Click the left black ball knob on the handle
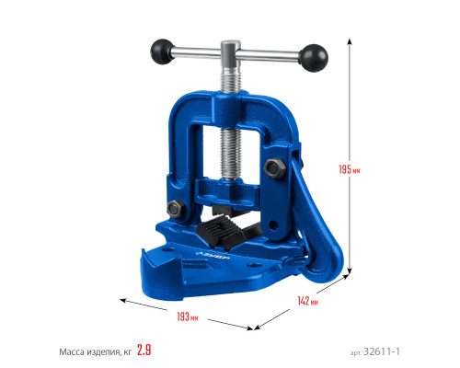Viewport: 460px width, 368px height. click(x=162, y=52)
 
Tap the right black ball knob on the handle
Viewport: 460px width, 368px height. click(x=313, y=58)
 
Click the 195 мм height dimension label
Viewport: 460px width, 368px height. click(x=350, y=169)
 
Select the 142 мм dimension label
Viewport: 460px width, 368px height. click(x=307, y=301)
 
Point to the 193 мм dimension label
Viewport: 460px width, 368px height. click(x=188, y=316)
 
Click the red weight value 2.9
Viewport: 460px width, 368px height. click(x=144, y=350)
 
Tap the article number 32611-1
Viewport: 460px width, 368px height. click(x=382, y=351)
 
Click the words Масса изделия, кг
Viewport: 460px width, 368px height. click(x=96, y=351)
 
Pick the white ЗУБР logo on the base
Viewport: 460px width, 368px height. click(x=213, y=255)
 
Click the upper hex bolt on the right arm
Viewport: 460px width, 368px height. click(x=274, y=168)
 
